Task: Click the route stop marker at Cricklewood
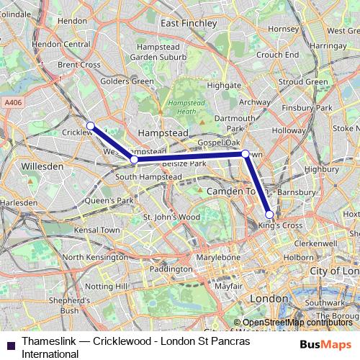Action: (x=91, y=126)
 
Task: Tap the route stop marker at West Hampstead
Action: (x=133, y=158)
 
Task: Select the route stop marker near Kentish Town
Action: (x=246, y=153)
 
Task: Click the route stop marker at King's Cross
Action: (x=269, y=214)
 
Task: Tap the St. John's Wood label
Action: (x=171, y=217)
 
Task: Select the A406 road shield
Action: (x=13, y=103)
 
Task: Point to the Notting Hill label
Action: (x=106, y=287)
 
